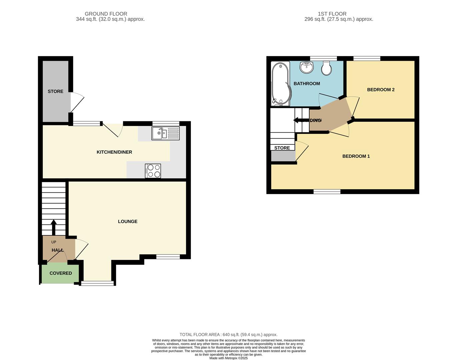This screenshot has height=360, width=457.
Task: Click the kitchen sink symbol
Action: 165,133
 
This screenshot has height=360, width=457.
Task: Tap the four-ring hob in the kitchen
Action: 153,171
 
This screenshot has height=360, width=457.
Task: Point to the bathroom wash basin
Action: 307,67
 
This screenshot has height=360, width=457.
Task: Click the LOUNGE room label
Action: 127,221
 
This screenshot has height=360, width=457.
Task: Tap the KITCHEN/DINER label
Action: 114,152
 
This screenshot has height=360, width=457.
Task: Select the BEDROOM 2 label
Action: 381,90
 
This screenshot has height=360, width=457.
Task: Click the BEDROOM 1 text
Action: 356,156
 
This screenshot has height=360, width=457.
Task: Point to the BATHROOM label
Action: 307,84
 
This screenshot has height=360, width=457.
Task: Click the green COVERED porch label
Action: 60,273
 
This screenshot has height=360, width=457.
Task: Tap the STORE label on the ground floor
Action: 55,91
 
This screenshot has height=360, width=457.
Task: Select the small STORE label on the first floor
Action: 282,148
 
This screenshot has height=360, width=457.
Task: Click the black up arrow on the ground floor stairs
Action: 53,227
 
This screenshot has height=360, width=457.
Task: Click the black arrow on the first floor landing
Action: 301,120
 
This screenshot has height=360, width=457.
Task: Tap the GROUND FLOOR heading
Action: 106,14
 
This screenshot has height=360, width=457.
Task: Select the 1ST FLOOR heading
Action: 332,14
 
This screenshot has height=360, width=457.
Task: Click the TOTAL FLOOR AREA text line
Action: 228,335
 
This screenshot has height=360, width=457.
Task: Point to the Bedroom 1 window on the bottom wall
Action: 327,192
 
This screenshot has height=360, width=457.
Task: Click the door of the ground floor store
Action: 77,104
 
